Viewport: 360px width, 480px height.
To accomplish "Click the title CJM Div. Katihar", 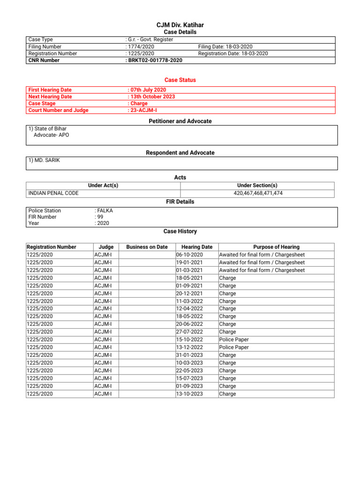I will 180,25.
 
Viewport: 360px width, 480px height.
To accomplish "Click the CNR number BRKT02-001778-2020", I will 155,60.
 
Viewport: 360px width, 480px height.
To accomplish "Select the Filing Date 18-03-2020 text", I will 225,47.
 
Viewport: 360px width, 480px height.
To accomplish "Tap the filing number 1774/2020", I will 141,47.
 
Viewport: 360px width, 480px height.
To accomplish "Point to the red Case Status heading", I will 180,80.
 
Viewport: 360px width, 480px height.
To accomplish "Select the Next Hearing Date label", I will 50,97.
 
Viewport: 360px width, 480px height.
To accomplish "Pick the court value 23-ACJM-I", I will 143,111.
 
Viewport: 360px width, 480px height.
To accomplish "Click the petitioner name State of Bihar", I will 50,128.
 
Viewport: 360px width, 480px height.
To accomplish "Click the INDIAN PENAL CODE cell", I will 53,193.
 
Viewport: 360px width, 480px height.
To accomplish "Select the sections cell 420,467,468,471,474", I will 258,193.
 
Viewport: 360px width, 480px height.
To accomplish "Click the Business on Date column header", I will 147,247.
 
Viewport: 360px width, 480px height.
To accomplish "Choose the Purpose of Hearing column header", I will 276,247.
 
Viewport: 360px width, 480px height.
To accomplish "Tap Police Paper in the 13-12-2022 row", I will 234,347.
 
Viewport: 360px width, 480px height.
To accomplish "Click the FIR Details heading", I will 180,202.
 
